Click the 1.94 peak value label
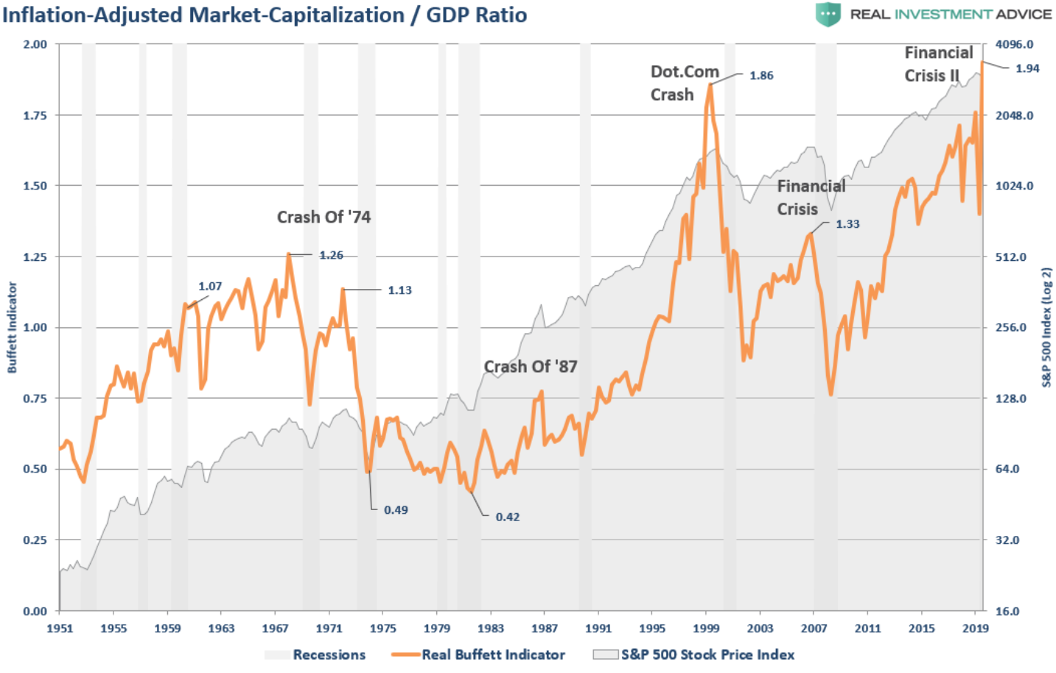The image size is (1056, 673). click(1027, 69)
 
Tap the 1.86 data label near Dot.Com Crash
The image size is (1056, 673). click(761, 75)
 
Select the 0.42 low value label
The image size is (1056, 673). click(507, 517)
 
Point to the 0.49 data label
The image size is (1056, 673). click(396, 509)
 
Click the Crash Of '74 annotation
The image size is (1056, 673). click(324, 217)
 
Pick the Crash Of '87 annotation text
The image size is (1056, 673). click(530, 366)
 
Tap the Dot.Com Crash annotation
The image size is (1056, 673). click(684, 83)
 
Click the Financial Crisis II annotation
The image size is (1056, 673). click(938, 64)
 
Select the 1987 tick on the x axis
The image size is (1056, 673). click(545, 628)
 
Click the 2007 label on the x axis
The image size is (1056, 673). click(814, 628)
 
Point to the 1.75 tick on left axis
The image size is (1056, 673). click(35, 115)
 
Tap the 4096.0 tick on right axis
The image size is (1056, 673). click(1014, 44)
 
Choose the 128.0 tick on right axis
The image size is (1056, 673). click(1011, 398)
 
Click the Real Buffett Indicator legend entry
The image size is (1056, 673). click(492, 655)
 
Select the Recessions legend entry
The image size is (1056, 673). click(329, 655)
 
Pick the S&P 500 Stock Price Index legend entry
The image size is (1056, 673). click(707, 655)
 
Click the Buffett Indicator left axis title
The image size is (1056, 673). click(12, 327)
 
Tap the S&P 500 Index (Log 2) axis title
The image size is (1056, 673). click(1046, 327)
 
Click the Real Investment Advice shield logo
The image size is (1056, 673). click(828, 14)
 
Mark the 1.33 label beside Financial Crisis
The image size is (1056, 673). click(847, 223)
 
